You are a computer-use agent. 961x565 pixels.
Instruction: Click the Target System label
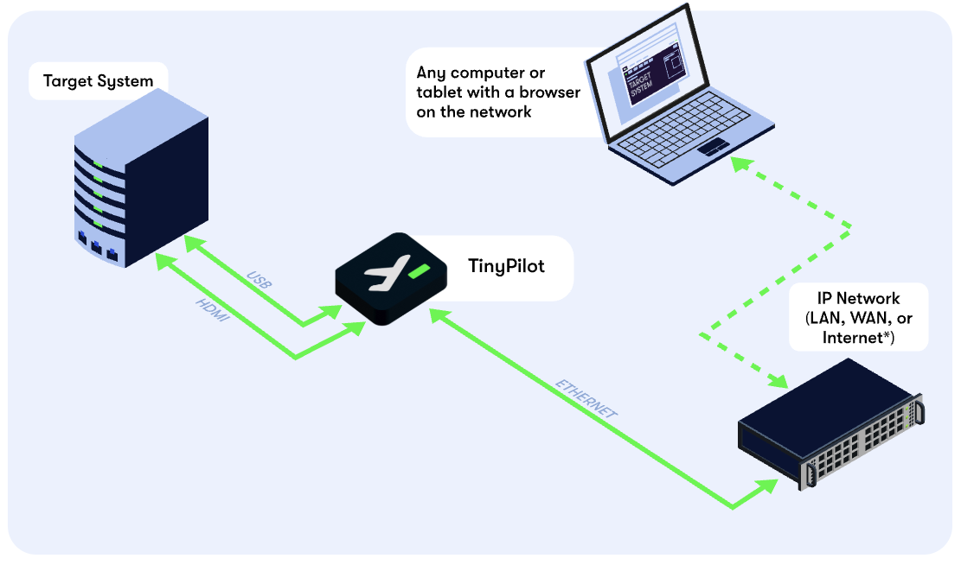point(98,82)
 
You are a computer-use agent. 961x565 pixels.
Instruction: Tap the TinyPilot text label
point(506,266)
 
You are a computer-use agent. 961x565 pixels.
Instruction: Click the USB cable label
point(259,282)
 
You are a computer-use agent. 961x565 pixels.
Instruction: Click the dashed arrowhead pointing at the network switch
point(779,380)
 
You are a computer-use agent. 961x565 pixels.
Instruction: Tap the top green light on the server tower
point(99,163)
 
